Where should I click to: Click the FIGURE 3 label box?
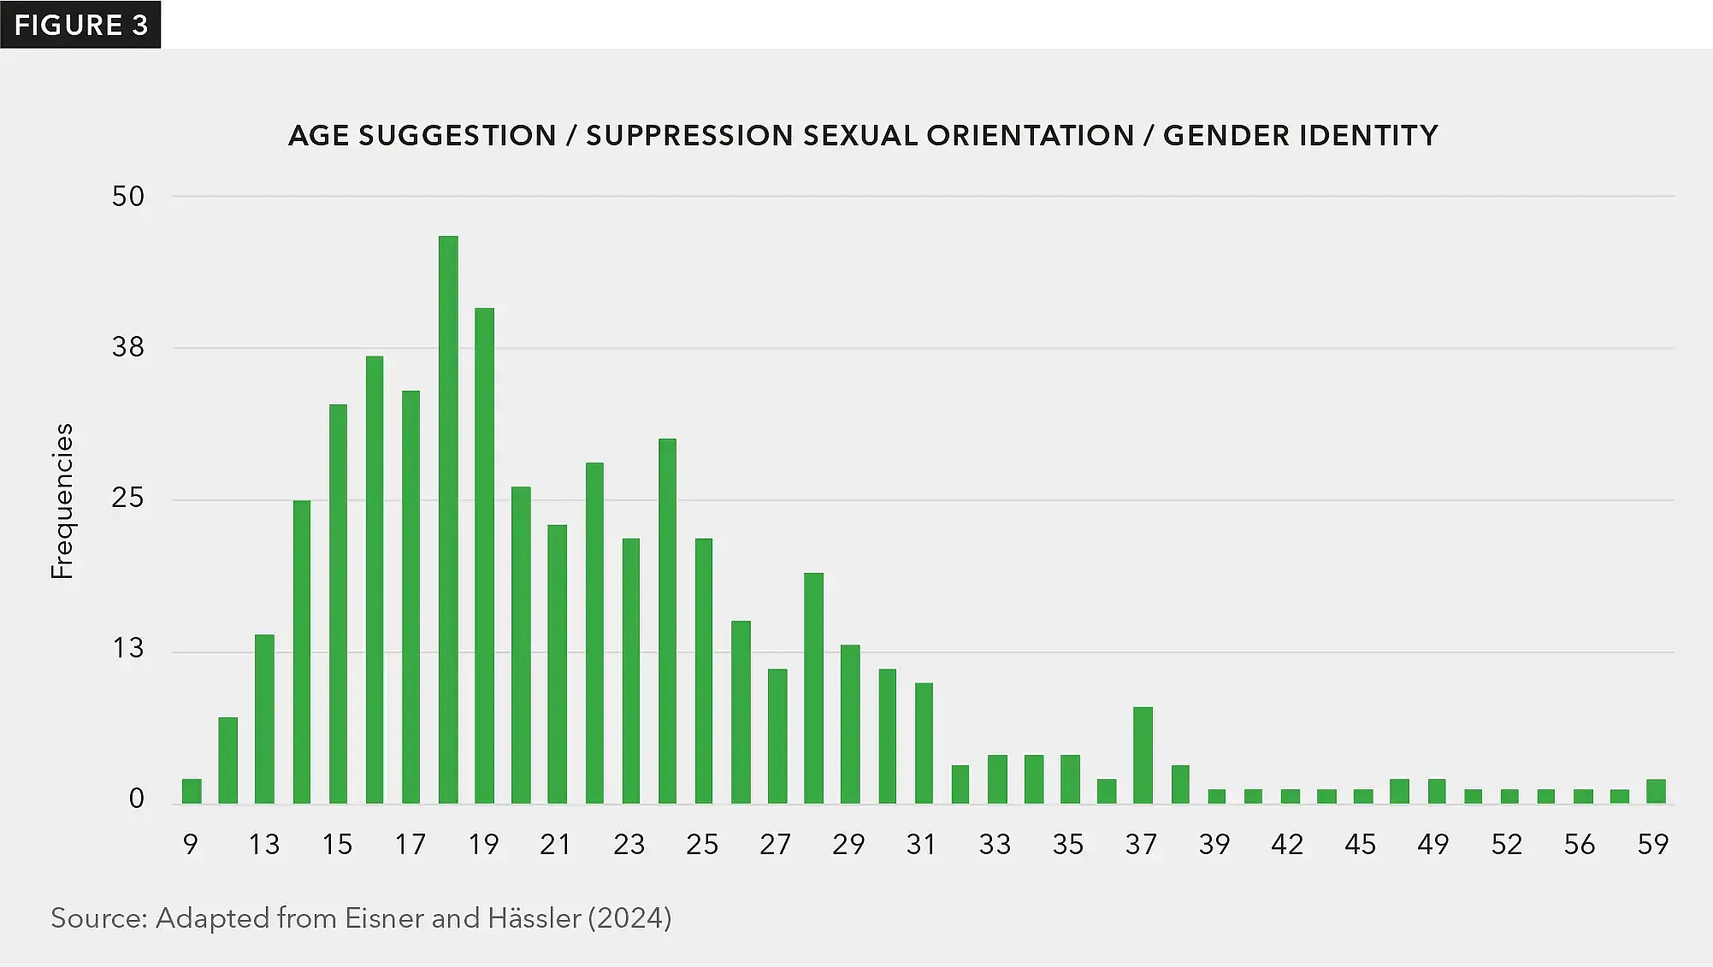tap(80, 25)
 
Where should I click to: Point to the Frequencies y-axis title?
tap(62, 501)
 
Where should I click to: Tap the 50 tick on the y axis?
tap(128, 197)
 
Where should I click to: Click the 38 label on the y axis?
tap(128, 347)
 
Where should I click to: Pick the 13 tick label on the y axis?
tap(128, 648)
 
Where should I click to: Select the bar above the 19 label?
tap(484, 556)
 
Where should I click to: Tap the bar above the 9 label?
tap(192, 791)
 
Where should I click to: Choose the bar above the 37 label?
tap(1143, 755)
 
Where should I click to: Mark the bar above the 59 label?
tap(1656, 791)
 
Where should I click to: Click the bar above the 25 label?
tap(704, 671)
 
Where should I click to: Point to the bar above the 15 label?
tap(338, 604)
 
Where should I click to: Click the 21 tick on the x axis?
tap(556, 845)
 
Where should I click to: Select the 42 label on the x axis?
tap(1287, 845)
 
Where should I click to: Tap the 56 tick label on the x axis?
tap(1580, 845)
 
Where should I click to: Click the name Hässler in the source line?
tap(535, 918)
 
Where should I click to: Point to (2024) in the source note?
tap(630, 918)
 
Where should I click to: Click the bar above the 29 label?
tap(850, 724)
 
